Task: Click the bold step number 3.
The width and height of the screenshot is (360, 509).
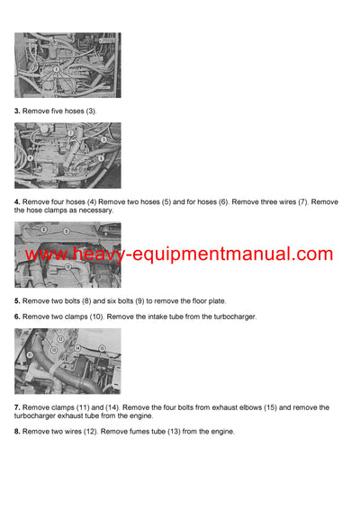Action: tap(17, 111)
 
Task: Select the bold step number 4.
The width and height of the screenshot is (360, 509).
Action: tap(17, 201)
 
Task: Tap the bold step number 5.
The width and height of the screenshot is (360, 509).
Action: tap(17, 299)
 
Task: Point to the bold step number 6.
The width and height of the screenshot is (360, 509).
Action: tap(17, 317)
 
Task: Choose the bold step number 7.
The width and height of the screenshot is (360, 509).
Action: tap(17, 407)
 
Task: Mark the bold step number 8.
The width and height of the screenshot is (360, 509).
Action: tap(17, 432)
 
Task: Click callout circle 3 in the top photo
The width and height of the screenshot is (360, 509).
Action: tap(56, 68)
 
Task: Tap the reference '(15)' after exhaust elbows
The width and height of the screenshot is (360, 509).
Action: tap(267, 407)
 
